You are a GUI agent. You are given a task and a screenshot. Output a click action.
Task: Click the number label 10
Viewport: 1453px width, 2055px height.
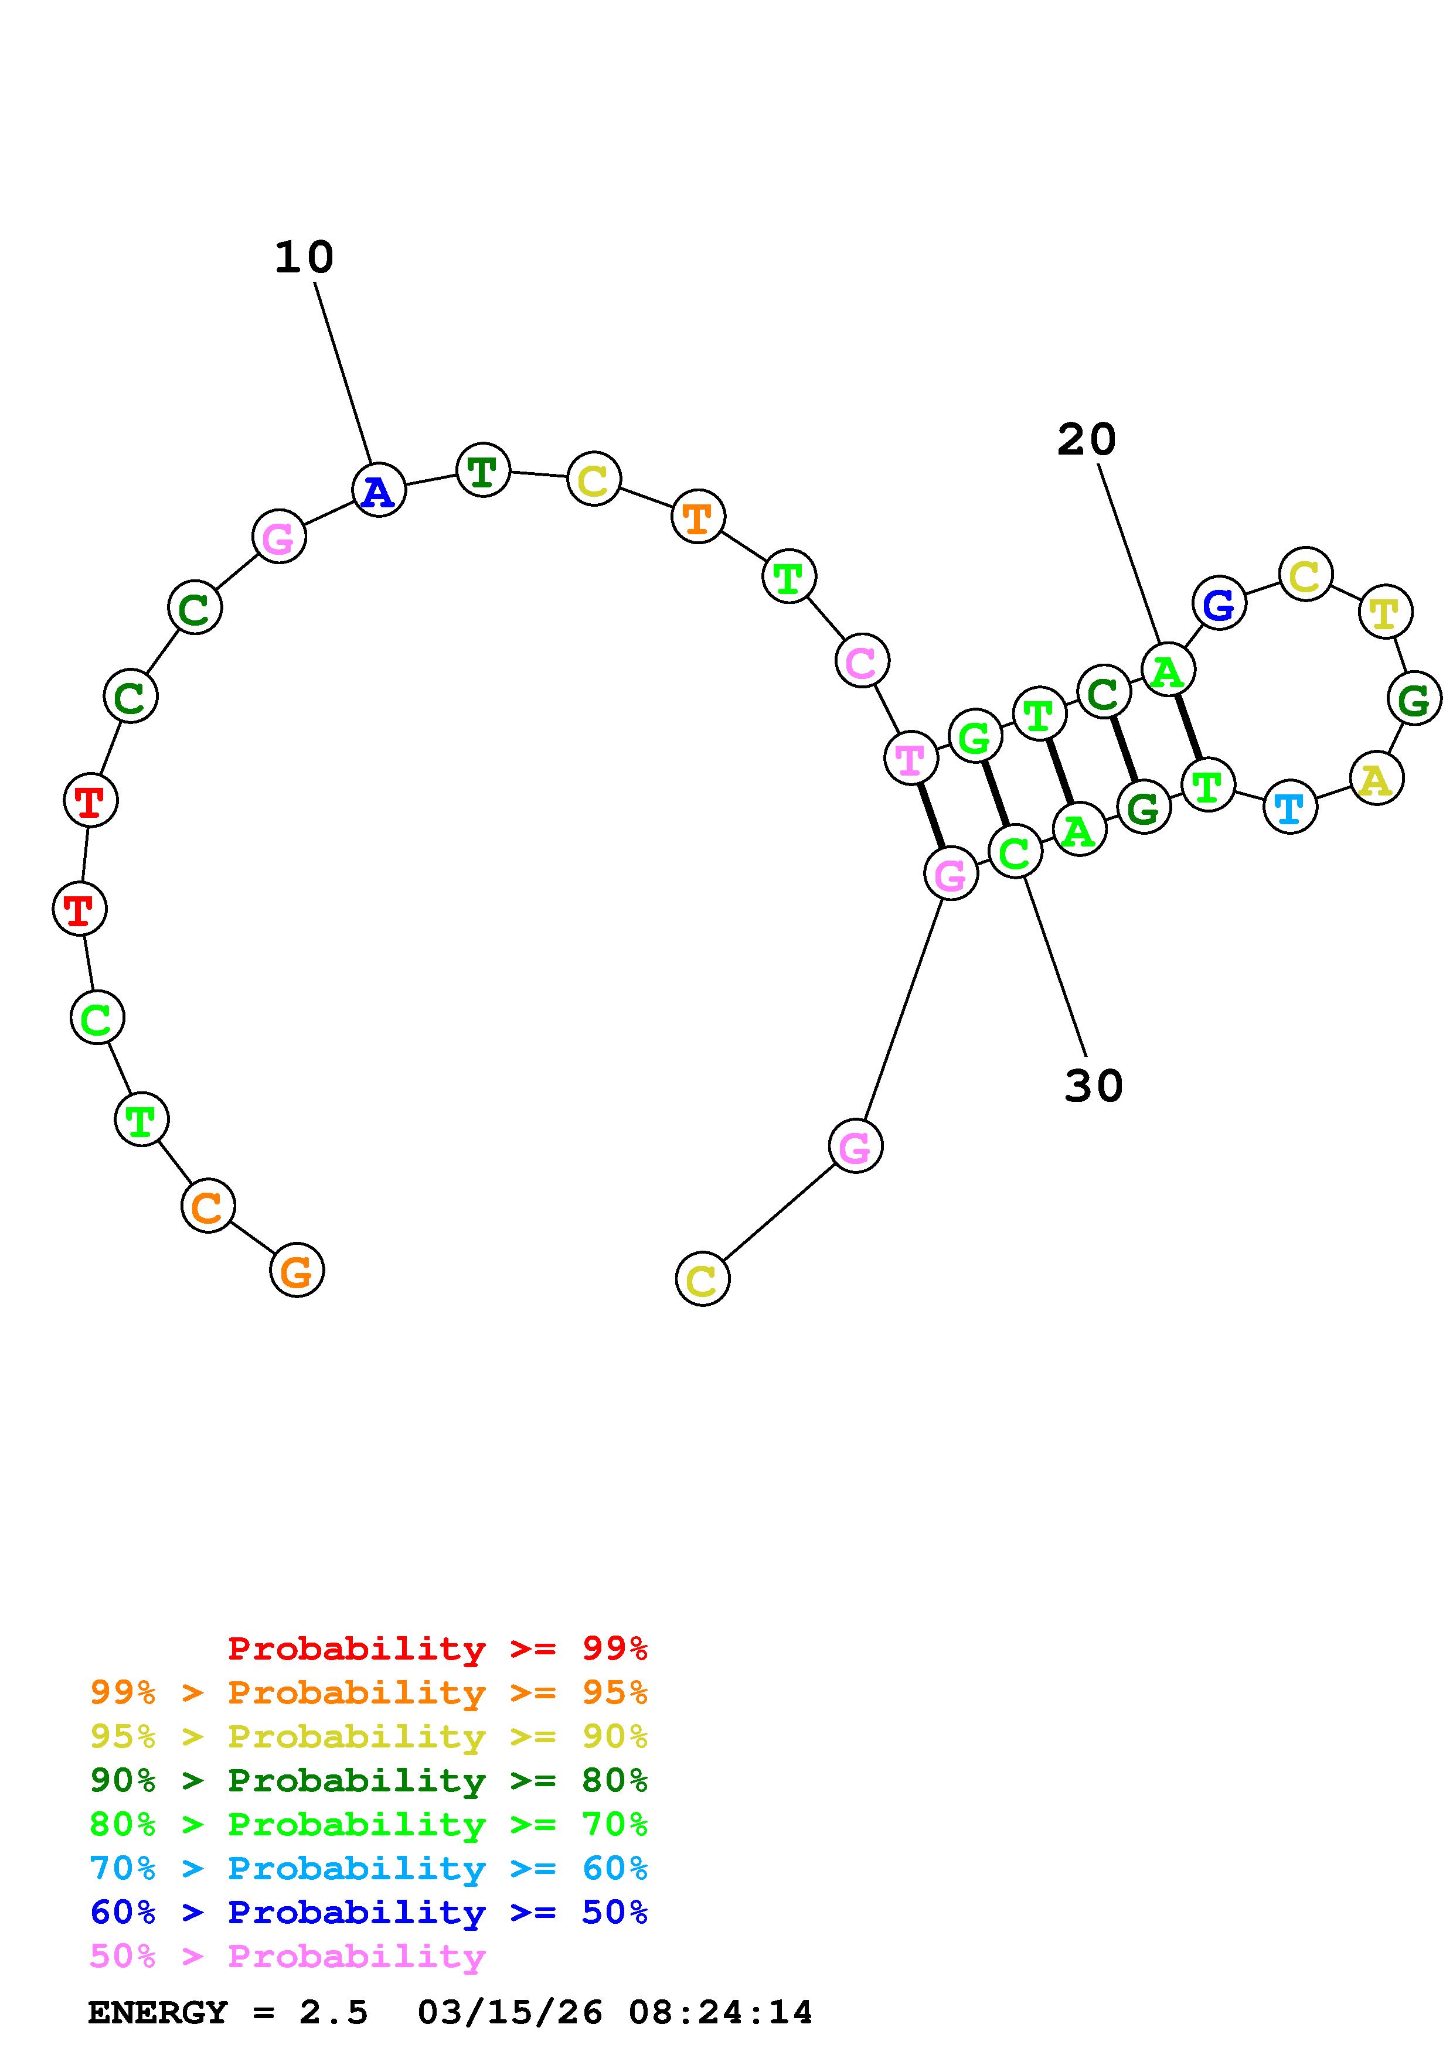(x=304, y=258)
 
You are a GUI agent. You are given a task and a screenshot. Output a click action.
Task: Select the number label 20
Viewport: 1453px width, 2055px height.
(x=1086, y=439)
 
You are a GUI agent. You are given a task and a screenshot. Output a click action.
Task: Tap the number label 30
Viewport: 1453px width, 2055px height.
(x=1093, y=1085)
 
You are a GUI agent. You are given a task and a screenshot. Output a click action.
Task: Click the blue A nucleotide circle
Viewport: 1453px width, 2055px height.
(x=379, y=490)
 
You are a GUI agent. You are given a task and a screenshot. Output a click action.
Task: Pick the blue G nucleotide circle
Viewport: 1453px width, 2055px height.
(x=1219, y=604)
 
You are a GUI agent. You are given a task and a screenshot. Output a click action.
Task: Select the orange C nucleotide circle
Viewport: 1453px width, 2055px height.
(x=207, y=1206)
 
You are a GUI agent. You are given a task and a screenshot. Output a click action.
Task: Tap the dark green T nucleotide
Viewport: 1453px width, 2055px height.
(x=482, y=470)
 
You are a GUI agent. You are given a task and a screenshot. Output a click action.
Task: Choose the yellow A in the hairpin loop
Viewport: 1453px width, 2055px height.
(x=1376, y=779)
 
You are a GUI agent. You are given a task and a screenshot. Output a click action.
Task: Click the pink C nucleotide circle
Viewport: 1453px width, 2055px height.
(x=861, y=661)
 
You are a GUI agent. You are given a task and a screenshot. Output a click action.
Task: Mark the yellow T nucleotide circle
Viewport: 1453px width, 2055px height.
(x=1385, y=612)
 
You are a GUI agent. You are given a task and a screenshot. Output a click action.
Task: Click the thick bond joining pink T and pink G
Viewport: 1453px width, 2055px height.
(x=930, y=816)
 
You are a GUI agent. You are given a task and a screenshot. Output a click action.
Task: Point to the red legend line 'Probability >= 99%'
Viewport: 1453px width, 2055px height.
(x=438, y=1648)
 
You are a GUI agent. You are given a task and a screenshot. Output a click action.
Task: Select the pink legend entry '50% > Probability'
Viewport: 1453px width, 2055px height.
(x=287, y=1957)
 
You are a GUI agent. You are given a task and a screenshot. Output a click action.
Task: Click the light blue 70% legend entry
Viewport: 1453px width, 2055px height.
(x=368, y=1868)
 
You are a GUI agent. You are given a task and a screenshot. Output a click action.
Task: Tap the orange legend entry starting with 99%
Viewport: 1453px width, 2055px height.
(x=368, y=1692)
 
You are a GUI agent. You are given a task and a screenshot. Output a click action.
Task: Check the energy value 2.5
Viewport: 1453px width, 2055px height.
(x=333, y=2013)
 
